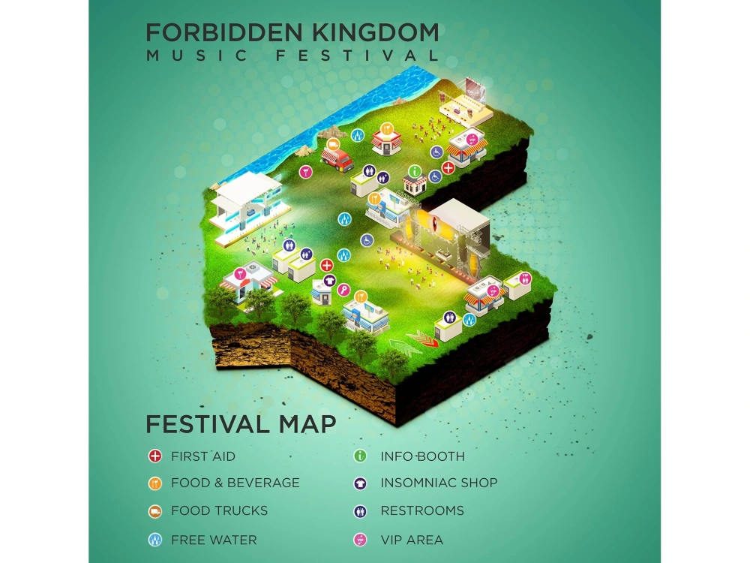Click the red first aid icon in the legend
pyautogui.click(x=155, y=456)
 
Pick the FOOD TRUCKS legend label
pyautogui.click(x=219, y=510)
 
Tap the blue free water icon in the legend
pyautogui.click(x=155, y=540)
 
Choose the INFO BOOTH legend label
pyautogui.click(x=422, y=456)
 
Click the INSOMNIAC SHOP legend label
pyautogui.click(x=439, y=483)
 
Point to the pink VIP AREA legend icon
pyautogui.click(x=360, y=540)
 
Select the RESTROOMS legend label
pyautogui.click(x=422, y=510)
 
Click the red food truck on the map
pyautogui.click(x=337, y=158)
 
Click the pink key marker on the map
pyautogui.click(x=343, y=288)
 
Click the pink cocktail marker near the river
pyautogui.click(x=305, y=171)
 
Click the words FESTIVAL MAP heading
pyautogui.click(x=240, y=424)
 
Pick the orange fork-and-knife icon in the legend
pyautogui.click(x=155, y=483)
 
